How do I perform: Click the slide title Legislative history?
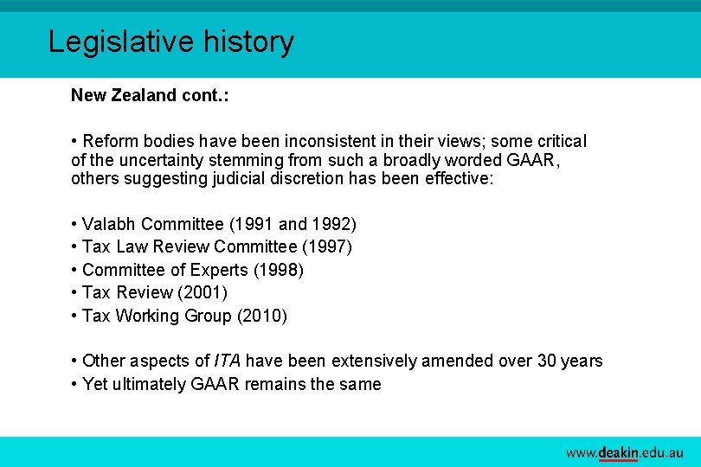click(170, 42)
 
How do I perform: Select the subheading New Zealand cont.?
click(150, 95)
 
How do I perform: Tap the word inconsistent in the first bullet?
click(290, 141)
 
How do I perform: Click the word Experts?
click(217, 271)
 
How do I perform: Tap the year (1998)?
click(279, 271)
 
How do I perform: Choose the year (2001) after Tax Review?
click(203, 292)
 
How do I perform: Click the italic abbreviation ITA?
click(227, 361)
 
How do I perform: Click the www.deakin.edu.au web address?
click(625, 452)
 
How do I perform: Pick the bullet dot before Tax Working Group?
click(74, 316)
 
